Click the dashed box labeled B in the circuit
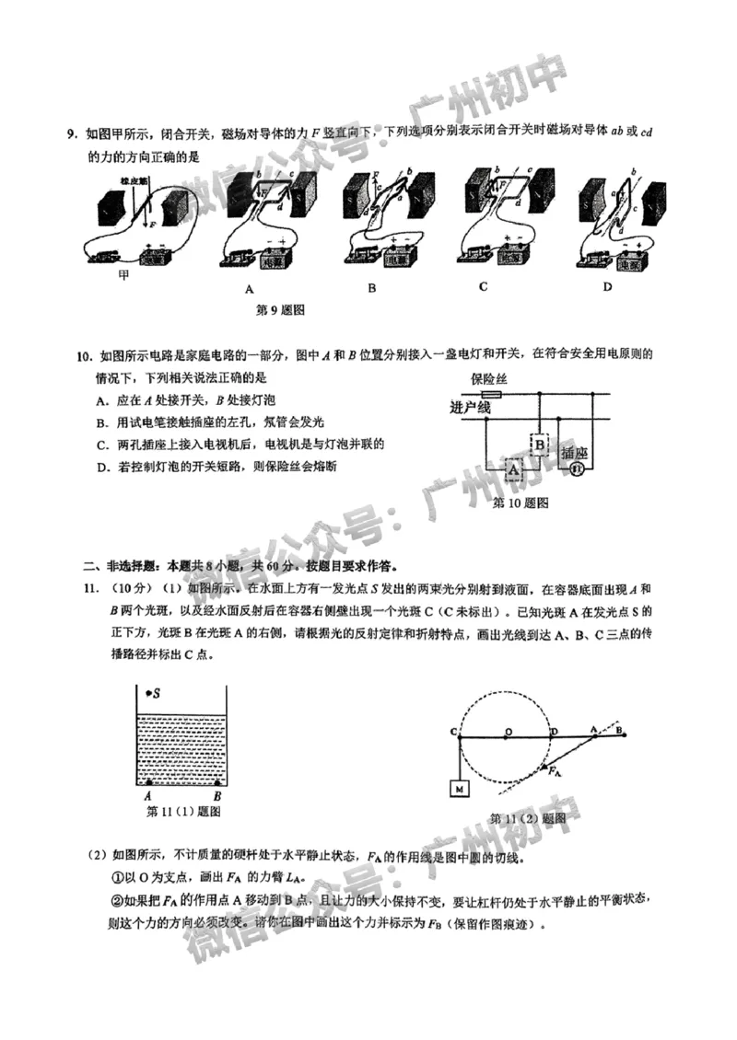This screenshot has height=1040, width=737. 540,445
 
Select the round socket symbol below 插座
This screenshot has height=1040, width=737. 577,469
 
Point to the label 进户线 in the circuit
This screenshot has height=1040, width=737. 470,407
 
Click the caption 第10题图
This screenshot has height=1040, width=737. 521,503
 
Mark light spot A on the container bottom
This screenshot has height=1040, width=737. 148,783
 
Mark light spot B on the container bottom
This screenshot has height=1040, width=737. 216,783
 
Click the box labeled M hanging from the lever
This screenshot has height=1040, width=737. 458,789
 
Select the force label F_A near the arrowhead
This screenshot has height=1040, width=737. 556,772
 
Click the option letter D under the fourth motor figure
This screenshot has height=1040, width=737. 607,287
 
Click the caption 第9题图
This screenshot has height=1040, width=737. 280,310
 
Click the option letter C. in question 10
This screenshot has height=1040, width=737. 101,445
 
